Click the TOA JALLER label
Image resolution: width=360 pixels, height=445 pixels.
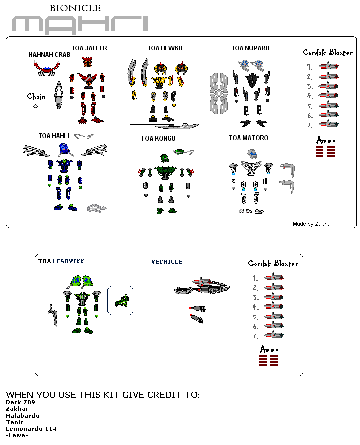[89, 48]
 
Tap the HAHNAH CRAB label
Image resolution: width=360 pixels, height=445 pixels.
[49, 55]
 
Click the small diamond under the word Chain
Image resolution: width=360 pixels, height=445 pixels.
[35, 106]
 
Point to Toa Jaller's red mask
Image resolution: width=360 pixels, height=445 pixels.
[87, 62]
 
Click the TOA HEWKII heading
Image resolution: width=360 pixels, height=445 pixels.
[165, 48]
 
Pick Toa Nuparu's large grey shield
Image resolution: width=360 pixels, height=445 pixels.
[219, 93]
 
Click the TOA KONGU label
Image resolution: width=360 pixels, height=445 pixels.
[158, 139]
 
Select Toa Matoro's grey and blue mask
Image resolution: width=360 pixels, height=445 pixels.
[252, 154]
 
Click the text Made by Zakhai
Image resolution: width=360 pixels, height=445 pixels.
[312, 224]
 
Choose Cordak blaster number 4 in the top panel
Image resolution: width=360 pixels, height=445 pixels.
[329, 95]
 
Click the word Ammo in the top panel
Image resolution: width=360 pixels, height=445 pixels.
[326, 140]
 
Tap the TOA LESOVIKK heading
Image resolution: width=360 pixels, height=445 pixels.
[61, 261]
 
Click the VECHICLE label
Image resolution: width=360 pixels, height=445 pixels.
[167, 262]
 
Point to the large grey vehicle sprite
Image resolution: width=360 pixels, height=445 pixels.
[202, 286]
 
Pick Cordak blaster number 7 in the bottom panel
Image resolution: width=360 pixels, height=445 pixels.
[274, 335]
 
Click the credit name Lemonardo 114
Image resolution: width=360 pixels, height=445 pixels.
[31, 429]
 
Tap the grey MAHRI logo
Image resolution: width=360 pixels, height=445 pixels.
[80, 24]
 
